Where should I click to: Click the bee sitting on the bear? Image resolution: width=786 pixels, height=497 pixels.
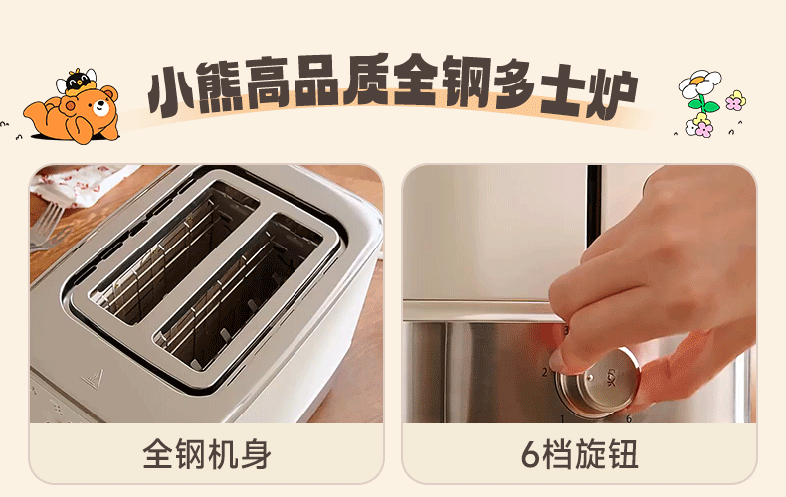click(77, 82)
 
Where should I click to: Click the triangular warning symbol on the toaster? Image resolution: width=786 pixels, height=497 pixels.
click(93, 380)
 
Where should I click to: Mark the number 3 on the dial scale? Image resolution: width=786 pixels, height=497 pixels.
click(566, 331)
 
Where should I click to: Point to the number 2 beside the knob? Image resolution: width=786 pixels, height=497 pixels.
click(545, 372)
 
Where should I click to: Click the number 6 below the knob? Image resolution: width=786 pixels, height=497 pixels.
click(628, 418)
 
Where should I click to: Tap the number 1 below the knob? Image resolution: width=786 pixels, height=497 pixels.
click(562, 418)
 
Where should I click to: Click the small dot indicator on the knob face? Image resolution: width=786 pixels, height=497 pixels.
click(591, 378)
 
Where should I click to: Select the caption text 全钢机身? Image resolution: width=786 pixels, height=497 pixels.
click(207, 454)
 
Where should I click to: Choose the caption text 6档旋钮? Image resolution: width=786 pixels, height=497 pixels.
click(580, 454)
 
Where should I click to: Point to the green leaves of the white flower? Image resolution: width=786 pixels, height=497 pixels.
click(704, 105)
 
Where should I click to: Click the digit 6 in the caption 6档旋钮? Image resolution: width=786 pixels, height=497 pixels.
click(530, 455)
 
